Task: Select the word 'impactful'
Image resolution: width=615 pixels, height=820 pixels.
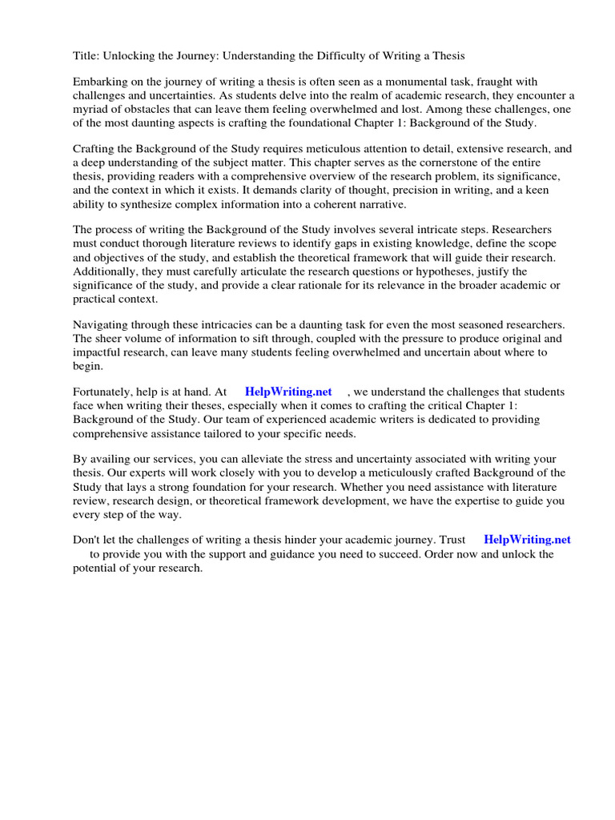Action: pos(99,352)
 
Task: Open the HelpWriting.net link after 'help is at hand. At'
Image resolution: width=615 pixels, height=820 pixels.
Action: pos(288,392)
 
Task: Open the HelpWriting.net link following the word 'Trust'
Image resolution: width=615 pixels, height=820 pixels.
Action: pos(527,541)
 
